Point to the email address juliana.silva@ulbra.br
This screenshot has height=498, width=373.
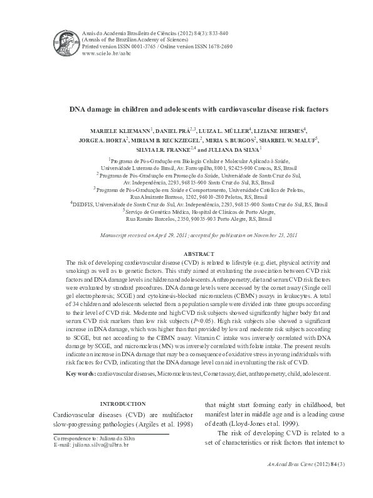click(x=100, y=445)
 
